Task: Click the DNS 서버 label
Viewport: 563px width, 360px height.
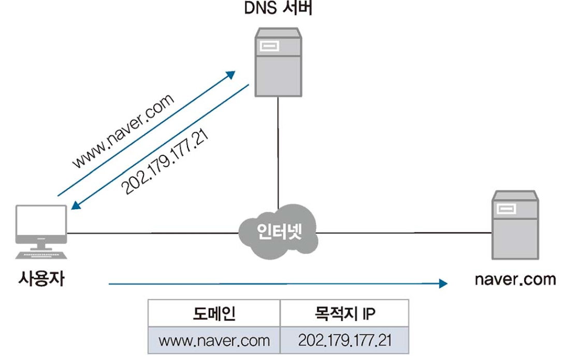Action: (x=278, y=9)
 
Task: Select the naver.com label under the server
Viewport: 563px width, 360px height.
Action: (x=515, y=280)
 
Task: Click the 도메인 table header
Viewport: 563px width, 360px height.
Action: (x=214, y=313)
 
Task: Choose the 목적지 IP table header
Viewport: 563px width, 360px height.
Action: (x=344, y=313)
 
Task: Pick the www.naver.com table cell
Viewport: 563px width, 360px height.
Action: (x=214, y=340)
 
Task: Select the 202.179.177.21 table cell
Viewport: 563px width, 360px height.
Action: (x=344, y=340)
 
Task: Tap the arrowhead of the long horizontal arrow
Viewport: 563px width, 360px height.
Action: (x=442, y=283)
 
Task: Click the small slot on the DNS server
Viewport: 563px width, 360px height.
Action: (x=270, y=47)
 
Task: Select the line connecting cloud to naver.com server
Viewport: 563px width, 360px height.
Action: (x=404, y=233)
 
